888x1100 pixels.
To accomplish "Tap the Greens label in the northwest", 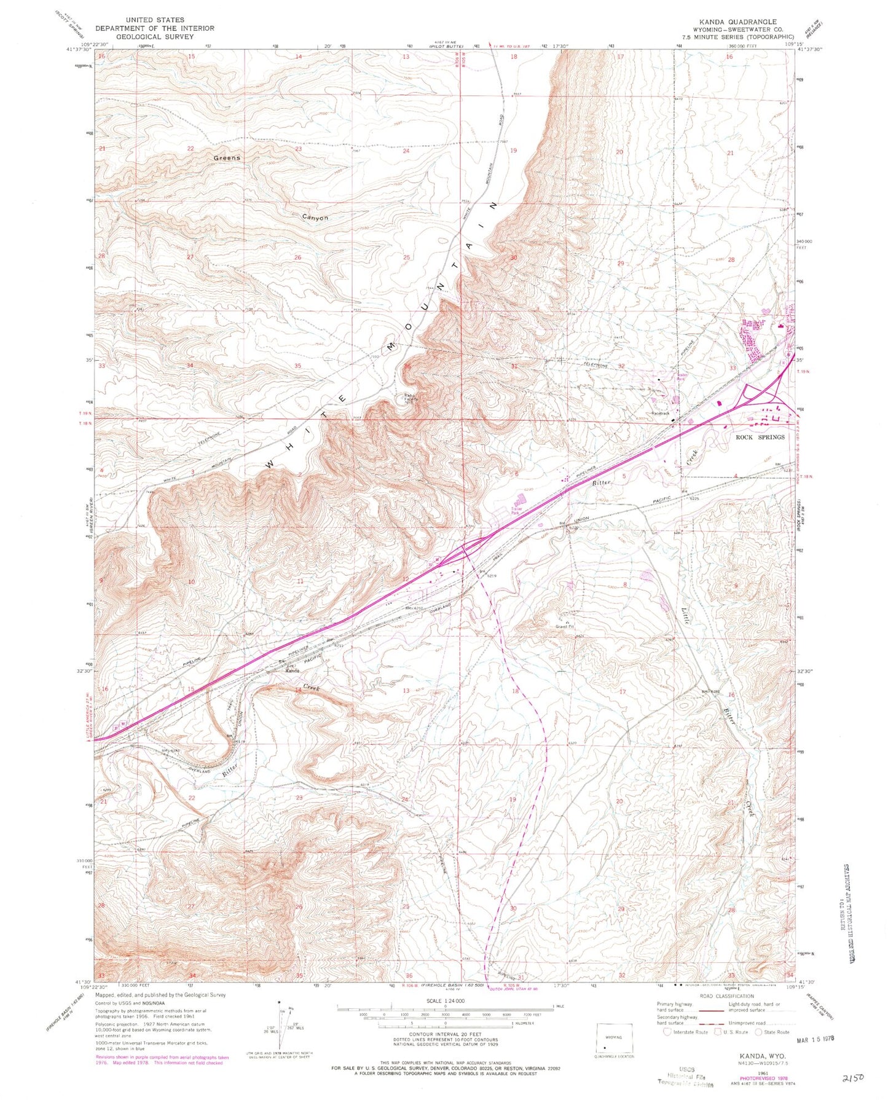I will (227, 158).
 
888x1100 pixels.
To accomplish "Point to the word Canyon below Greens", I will (315, 218).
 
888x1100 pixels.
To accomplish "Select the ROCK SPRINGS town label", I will (760, 437).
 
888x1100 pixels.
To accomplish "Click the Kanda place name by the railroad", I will (291, 670).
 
